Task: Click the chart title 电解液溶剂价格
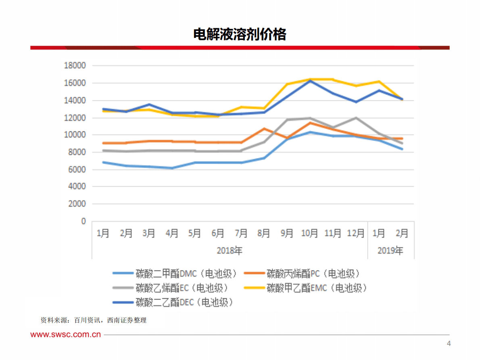tap(240, 35)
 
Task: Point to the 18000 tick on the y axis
tap(75, 66)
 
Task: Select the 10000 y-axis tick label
tap(75, 135)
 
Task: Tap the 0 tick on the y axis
tap(83, 221)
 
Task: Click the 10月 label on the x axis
tap(310, 233)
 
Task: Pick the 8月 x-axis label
tap(264, 233)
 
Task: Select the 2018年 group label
tap(230, 251)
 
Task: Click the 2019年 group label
tap(390, 251)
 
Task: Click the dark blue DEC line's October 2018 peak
tap(310, 81)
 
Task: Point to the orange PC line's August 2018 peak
tap(264, 129)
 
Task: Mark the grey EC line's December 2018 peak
tap(356, 118)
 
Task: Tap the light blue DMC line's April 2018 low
tap(172, 168)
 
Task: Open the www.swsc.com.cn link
tap(66, 335)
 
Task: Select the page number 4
tap(449, 344)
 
